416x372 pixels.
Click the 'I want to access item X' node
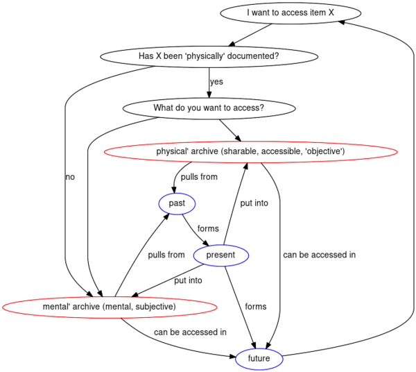(291, 12)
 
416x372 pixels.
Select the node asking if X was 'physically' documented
(209, 56)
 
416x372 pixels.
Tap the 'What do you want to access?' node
(209, 108)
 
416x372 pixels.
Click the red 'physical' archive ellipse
(251, 151)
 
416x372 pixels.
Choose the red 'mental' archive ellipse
(110, 307)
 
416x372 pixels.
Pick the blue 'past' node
(177, 203)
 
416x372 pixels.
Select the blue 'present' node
(221, 255)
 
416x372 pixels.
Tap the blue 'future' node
(259, 359)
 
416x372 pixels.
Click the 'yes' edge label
(216, 81)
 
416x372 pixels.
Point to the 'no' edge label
(70, 177)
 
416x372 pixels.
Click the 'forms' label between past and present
(208, 228)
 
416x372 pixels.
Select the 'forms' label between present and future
(256, 307)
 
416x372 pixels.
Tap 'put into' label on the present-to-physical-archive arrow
(254, 203)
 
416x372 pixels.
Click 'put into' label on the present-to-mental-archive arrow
(188, 280)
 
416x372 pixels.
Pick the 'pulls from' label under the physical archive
(199, 177)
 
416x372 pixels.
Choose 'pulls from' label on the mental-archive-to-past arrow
(166, 255)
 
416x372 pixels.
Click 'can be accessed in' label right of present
(320, 255)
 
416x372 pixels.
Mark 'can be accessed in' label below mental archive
(190, 332)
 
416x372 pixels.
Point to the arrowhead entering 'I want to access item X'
(341, 22)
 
